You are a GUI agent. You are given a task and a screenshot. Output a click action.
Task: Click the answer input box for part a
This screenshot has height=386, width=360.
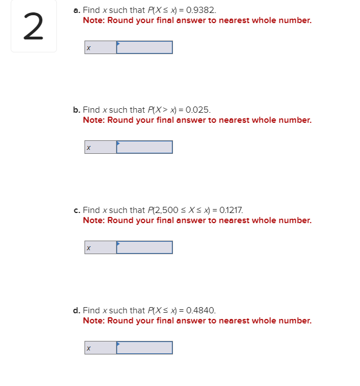tap(145, 47)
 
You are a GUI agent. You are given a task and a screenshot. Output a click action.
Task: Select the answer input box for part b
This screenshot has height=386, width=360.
tap(145, 147)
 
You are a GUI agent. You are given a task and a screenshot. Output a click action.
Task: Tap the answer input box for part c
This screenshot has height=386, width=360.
tap(145, 247)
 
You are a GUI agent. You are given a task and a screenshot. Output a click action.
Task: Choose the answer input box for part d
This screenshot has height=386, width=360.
tap(145, 348)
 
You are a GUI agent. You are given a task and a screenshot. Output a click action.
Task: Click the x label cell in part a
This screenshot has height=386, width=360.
tap(101, 47)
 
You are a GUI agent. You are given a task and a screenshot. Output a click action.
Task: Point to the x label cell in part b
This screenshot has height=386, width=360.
tap(101, 147)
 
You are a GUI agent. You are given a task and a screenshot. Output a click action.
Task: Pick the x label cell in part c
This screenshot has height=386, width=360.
tap(101, 247)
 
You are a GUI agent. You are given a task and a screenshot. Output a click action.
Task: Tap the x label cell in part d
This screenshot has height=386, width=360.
tap(101, 348)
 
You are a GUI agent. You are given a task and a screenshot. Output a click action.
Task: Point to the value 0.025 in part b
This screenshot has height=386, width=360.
tap(198, 110)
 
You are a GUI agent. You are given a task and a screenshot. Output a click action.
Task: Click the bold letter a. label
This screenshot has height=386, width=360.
tap(77, 11)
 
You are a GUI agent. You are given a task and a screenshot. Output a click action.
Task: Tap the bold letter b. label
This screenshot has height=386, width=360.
tap(77, 110)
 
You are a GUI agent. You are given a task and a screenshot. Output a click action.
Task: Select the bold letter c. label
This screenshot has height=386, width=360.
tap(77, 210)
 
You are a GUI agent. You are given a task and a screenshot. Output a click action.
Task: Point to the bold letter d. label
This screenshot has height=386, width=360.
tap(77, 310)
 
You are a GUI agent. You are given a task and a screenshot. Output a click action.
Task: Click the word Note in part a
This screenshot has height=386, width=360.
tap(94, 20)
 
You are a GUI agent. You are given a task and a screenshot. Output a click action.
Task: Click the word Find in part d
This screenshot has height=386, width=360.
tap(91, 310)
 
